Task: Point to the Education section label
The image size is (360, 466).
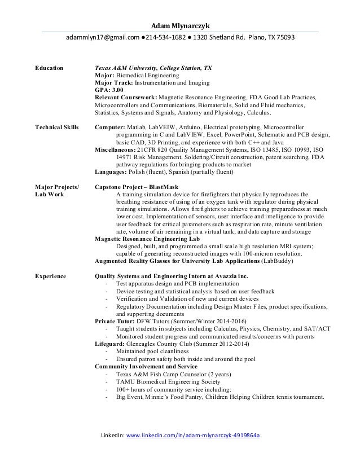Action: (50, 68)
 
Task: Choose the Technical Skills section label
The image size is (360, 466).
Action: (57, 127)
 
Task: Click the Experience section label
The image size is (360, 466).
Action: (51, 276)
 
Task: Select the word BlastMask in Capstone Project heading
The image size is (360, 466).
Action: (165, 186)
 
